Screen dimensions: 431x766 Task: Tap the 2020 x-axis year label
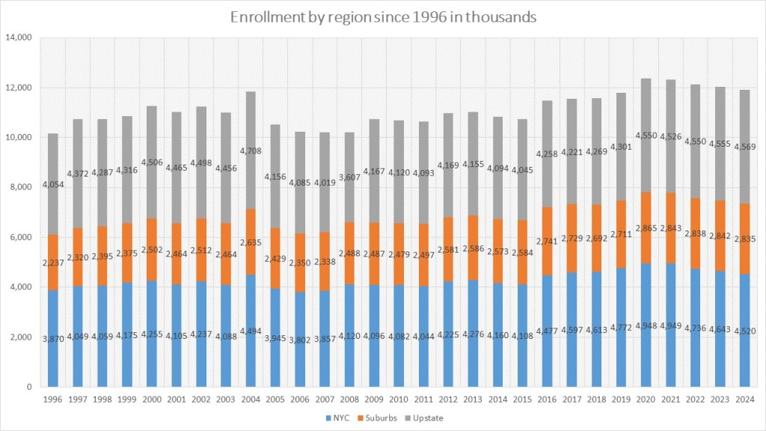click(644, 397)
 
